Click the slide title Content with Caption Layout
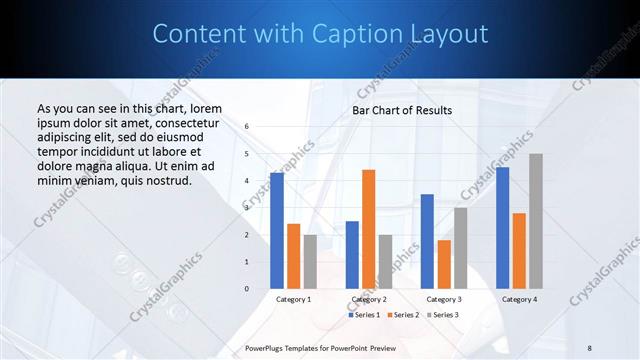point(320,34)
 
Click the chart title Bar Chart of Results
point(401,110)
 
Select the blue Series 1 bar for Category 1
point(277,231)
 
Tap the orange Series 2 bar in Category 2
point(368,229)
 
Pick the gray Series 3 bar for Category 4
point(536,221)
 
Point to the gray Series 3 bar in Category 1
point(310,262)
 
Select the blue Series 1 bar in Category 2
point(352,255)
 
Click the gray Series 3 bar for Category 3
point(460,248)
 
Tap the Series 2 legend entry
point(401,315)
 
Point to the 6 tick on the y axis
point(247,127)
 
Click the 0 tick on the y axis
point(247,289)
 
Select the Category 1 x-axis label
point(293,299)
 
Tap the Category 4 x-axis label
point(519,299)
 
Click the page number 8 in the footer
point(590,347)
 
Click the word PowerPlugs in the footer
point(266,347)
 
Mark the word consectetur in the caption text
point(184,122)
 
